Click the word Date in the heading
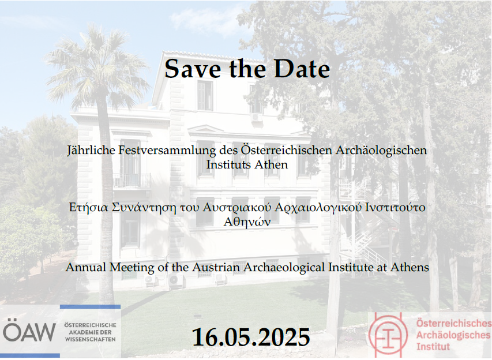coord(302,69)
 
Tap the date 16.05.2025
coord(251,337)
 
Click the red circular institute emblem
coord(388,335)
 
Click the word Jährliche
coord(91,151)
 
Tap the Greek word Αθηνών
coord(247,222)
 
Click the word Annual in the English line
coord(86,268)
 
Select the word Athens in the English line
coord(410,268)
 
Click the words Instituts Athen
coord(247,164)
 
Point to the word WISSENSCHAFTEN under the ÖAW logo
coord(91,339)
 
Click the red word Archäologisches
coord(453,335)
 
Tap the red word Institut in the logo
coord(433,347)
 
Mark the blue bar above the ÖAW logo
coord(90,307)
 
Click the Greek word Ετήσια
coord(88,208)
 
